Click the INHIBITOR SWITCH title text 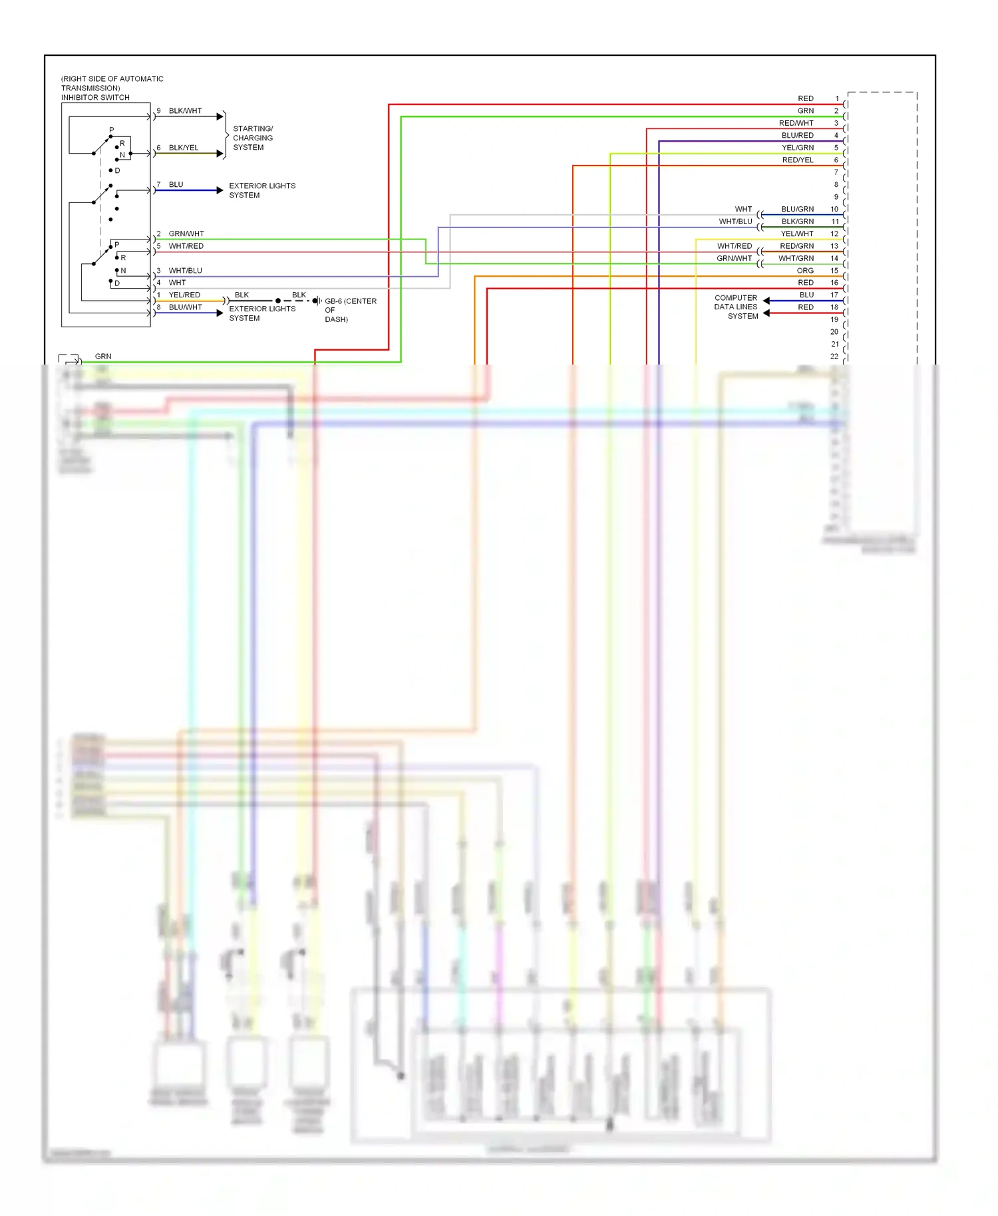pyautogui.click(x=95, y=98)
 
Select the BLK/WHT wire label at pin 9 pyautogui.click(x=185, y=111)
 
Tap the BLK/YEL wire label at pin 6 pyautogui.click(x=184, y=148)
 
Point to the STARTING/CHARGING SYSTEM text pyautogui.click(x=252, y=138)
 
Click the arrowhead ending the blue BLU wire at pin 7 pyautogui.click(x=220, y=190)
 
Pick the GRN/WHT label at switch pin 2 pyautogui.click(x=186, y=233)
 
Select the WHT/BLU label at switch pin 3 pyautogui.click(x=185, y=271)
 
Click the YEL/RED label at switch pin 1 pyautogui.click(x=184, y=295)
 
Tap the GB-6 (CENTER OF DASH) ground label pyautogui.click(x=349, y=310)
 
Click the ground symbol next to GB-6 pyautogui.click(x=317, y=301)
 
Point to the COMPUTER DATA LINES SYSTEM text pyautogui.click(x=736, y=307)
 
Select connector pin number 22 pyautogui.click(x=834, y=357)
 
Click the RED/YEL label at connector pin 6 pyautogui.click(x=798, y=160)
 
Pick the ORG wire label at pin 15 pyautogui.click(x=805, y=271)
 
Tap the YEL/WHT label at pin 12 pyautogui.click(x=797, y=234)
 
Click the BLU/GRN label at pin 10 pyautogui.click(x=797, y=210)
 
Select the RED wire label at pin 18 pyautogui.click(x=806, y=307)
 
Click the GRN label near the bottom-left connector pyautogui.click(x=103, y=357)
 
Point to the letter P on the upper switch pyautogui.click(x=111, y=130)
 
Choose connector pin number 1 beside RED pyautogui.click(x=837, y=98)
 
